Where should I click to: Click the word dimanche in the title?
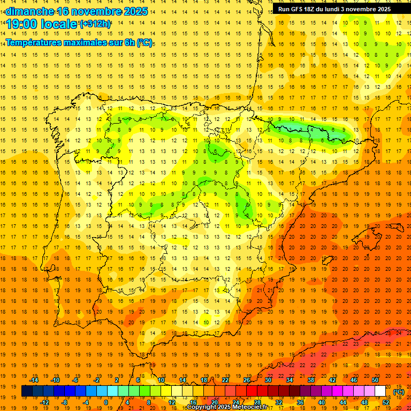[x=29, y=11]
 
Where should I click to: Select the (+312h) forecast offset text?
[x=95, y=24]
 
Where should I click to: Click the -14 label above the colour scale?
[x=34, y=380]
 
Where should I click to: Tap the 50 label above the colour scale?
[x=375, y=380]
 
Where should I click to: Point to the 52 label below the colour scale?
[x=386, y=402]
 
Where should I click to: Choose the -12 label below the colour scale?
[x=44, y=402]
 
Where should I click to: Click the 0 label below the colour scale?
[x=106, y=402]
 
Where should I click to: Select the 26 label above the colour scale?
[x=247, y=380]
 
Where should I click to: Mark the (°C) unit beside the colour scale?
[x=399, y=391]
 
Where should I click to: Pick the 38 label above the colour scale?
[x=311, y=380]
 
